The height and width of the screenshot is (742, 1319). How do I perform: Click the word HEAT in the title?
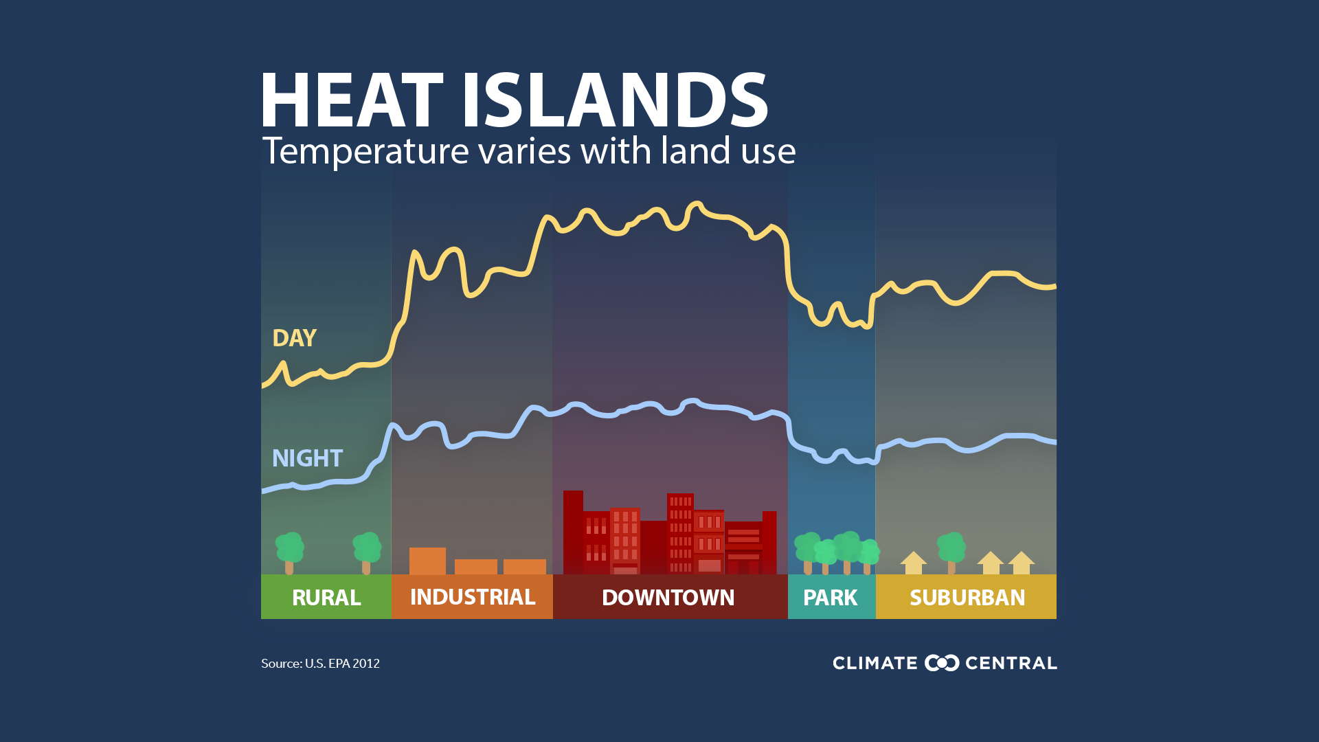pos(352,100)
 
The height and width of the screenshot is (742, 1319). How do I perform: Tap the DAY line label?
pos(294,338)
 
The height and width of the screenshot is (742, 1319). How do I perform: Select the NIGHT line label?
pos(307,458)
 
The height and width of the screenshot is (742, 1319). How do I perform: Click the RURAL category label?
pos(326,598)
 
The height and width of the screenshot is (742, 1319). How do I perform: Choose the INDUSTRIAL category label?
pos(473,597)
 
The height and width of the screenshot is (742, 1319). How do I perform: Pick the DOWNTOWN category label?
pos(668,598)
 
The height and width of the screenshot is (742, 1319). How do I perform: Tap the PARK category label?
pos(831,598)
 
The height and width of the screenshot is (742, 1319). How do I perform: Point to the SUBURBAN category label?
pos(967,598)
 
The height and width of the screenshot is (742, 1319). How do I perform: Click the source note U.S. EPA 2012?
pos(342,664)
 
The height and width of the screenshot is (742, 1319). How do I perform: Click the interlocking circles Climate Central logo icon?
pos(942,663)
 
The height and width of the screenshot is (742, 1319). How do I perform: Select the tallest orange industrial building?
pos(427,561)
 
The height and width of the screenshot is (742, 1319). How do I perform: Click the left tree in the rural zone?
pos(289,552)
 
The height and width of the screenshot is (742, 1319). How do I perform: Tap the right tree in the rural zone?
pos(366,552)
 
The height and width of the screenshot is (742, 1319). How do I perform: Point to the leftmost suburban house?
pos(914,563)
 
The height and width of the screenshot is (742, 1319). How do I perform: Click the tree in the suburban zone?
pos(951,552)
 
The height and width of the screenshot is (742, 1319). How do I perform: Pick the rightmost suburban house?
pos(1022,563)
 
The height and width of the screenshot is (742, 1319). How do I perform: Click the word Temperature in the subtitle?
pos(365,151)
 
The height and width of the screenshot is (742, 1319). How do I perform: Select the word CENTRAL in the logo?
pos(1011,663)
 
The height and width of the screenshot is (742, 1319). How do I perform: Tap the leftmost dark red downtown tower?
pos(573,532)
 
